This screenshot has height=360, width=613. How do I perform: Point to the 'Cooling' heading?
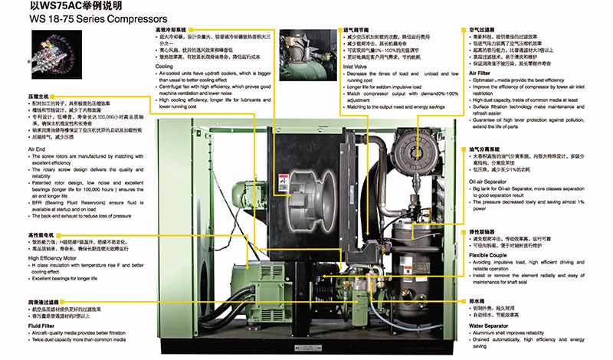165,67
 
